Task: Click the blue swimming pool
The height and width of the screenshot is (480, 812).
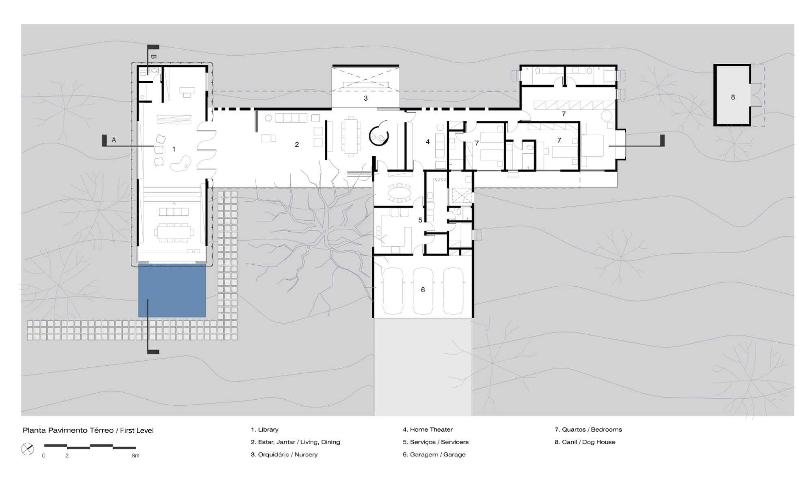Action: click(x=172, y=291)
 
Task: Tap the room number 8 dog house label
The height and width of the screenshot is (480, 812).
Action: click(x=733, y=97)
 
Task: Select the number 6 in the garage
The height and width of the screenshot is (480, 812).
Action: click(x=423, y=290)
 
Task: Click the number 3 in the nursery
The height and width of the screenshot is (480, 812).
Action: click(x=365, y=98)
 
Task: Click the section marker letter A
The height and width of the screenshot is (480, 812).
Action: click(x=114, y=140)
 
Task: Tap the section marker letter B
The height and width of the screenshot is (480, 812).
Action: click(x=153, y=57)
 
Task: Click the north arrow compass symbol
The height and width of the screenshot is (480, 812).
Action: click(x=28, y=449)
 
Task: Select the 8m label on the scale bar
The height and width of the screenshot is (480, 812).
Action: click(x=136, y=456)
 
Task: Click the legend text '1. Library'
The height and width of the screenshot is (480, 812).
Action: click(x=265, y=429)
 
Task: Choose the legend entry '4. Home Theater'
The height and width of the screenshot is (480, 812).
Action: click(x=428, y=429)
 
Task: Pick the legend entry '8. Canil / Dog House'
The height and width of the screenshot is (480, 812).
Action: click(x=585, y=442)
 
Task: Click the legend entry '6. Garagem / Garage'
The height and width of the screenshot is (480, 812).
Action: click(x=434, y=454)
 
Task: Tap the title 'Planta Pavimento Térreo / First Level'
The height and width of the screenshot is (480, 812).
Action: click(x=88, y=430)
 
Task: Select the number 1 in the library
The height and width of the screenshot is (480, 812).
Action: click(x=174, y=149)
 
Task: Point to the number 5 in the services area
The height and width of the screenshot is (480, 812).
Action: click(x=420, y=220)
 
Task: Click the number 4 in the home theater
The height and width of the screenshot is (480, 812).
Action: click(x=428, y=142)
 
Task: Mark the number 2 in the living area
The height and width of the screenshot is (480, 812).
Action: click(x=297, y=144)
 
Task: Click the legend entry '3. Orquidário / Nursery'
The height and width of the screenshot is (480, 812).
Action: click(x=284, y=454)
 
